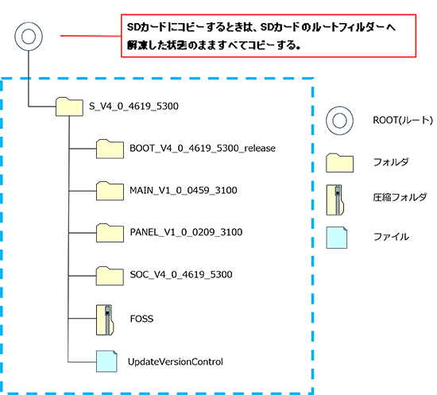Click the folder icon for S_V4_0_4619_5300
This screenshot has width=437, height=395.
click(x=69, y=106)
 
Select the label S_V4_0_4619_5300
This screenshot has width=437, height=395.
click(x=133, y=106)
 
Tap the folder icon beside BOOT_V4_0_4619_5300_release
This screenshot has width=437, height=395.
click(x=110, y=149)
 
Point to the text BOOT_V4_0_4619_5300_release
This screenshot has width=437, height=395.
click(x=203, y=149)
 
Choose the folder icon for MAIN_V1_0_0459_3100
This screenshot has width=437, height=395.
click(x=110, y=191)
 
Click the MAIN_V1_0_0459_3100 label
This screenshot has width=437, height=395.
click(x=184, y=191)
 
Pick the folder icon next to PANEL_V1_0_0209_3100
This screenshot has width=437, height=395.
click(x=110, y=233)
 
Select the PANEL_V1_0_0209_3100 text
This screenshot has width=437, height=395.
click(x=186, y=232)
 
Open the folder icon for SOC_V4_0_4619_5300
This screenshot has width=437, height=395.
click(x=110, y=276)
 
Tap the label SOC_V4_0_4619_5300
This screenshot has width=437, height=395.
click(x=181, y=274)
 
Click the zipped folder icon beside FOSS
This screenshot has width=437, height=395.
click(x=105, y=319)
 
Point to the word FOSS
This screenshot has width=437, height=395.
click(x=142, y=319)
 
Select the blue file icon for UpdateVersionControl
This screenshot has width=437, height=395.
click(x=106, y=362)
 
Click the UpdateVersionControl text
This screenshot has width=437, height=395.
click(x=176, y=362)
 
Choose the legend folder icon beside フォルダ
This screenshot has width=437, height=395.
click(x=340, y=163)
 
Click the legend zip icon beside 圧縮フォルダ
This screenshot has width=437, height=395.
click(x=335, y=199)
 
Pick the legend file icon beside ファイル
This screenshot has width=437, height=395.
click(x=337, y=238)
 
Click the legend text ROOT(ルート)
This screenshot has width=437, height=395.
click(x=403, y=121)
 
